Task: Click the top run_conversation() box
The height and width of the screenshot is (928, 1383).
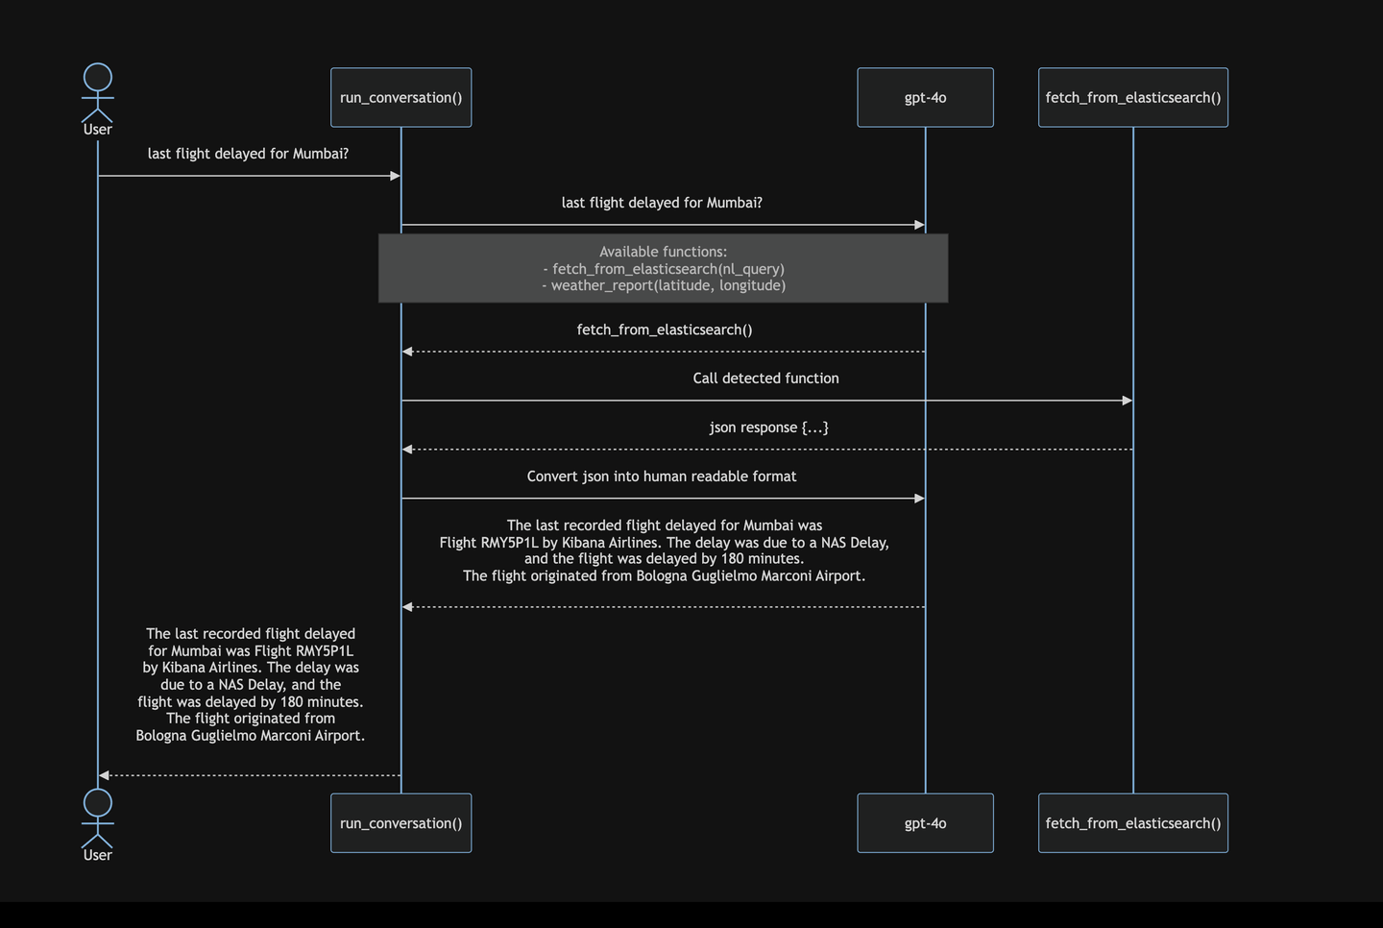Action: [x=400, y=97]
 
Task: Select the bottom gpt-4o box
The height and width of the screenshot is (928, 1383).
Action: [x=925, y=823]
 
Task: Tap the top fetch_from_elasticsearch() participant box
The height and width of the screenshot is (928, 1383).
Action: [x=1132, y=97]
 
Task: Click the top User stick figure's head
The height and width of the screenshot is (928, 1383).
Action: [x=98, y=78]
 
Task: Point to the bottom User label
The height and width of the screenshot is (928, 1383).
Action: [x=98, y=855]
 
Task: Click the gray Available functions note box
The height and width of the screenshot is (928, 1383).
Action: [x=663, y=268]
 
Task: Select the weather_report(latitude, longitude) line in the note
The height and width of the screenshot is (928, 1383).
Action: [x=664, y=285]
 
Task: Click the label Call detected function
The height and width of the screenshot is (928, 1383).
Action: [x=765, y=379]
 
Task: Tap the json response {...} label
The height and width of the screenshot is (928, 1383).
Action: [x=768, y=427]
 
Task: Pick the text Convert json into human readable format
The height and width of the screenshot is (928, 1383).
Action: [x=661, y=476]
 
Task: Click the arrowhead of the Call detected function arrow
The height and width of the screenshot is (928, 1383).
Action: [x=1128, y=401]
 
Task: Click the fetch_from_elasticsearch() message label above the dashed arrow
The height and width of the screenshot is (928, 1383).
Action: [x=664, y=330]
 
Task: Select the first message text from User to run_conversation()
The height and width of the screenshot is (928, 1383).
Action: [x=248, y=154]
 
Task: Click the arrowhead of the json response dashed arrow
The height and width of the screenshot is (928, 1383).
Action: [x=407, y=450]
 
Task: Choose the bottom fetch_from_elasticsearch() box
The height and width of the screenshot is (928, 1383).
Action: [x=1132, y=823]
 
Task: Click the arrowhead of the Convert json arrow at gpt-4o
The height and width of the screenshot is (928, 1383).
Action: [x=919, y=499]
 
